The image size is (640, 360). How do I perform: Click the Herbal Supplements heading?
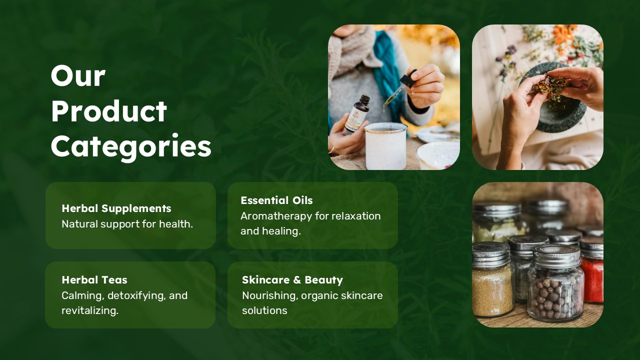(116, 208)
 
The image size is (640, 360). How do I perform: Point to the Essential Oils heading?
(276, 200)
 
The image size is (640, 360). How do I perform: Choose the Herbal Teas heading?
(94, 279)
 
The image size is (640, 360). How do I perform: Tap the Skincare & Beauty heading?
(292, 280)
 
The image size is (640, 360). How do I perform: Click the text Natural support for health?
(127, 224)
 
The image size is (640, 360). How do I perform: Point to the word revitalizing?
(90, 310)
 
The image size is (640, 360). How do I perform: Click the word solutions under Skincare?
(264, 310)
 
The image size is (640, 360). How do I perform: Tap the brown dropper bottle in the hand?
(357, 113)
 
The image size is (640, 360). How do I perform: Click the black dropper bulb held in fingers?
(407, 78)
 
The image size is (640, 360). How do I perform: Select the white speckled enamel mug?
(385, 146)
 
